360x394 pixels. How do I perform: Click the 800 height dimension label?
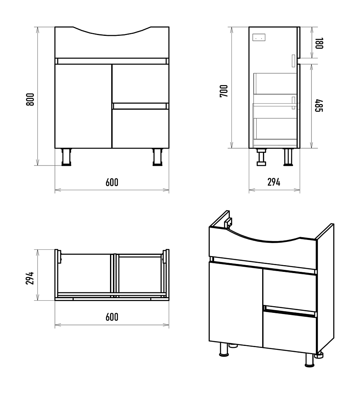click(30, 99)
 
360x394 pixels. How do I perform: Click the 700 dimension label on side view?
click(224, 91)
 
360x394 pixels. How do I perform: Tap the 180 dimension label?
click(319, 43)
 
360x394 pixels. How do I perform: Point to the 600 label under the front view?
click(112, 182)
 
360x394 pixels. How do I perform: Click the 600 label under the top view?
click(112, 317)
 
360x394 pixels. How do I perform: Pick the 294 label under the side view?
click(274, 182)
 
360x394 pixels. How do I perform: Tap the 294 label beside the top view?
click(30, 278)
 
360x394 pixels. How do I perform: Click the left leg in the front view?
click(67, 157)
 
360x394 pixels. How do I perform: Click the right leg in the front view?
click(158, 157)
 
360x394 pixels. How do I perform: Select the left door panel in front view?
click(83, 106)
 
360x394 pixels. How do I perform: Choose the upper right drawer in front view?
click(140, 83)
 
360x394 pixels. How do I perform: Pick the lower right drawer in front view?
click(140, 128)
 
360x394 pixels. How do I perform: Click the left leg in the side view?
click(261, 157)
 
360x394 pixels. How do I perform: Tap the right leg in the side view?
click(288, 157)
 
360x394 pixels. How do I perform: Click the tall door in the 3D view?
click(236, 305)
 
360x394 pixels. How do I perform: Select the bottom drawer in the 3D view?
click(289, 332)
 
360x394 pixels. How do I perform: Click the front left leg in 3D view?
click(224, 349)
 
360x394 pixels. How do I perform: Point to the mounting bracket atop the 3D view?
click(229, 222)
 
